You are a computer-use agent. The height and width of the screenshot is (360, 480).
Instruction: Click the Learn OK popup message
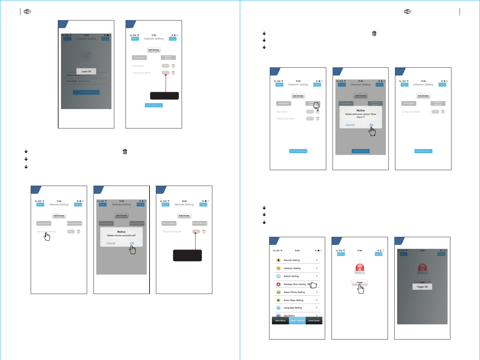tap(86, 71)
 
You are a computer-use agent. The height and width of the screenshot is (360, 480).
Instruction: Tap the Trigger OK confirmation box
tap(422, 287)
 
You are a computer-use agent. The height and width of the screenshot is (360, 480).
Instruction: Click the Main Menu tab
tap(280, 320)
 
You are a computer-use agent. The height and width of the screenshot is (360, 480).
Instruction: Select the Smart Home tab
tap(314, 320)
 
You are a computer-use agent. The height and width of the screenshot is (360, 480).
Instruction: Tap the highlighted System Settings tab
tap(297, 320)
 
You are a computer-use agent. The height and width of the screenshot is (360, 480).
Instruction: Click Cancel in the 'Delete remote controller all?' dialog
tap(111, 243)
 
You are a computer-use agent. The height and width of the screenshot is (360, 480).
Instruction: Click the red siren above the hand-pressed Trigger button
tap(360, 269)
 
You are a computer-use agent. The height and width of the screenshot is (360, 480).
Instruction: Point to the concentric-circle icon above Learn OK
tap(86, 56)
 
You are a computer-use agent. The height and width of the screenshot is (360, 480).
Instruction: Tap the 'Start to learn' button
tap(86, 92)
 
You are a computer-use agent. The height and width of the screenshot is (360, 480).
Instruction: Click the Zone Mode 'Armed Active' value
tap(84, 81)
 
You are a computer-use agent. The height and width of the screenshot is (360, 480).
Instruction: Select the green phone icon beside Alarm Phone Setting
tap(278, 292)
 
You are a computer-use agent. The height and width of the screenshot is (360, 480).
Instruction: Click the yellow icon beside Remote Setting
tap(278, 260)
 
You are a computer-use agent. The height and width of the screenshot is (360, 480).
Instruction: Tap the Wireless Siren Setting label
tap(295, 284)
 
